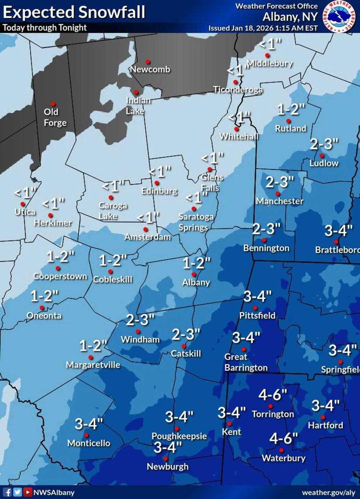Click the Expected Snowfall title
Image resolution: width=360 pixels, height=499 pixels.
pos(74,12)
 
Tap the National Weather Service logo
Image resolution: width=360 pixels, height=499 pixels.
pos(339,16)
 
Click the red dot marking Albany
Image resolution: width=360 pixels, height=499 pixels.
pos(194,274)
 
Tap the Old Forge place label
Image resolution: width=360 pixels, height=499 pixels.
pos(55,117)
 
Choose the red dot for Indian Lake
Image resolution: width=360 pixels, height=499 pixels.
pos(136,92)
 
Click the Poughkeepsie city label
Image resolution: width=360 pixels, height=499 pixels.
pos(179,436)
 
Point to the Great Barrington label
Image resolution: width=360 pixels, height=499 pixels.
pos(246,363)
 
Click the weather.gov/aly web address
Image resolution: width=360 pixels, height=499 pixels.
pos(328,492)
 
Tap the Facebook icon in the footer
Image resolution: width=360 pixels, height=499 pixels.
pos(8,492)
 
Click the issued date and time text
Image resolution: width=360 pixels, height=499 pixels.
pos(263,28)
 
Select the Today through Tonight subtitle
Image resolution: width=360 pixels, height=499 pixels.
pos(45,28)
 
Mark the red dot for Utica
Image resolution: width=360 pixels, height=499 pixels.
pos(22,204)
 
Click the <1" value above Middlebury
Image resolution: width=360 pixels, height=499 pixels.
pos(270,44)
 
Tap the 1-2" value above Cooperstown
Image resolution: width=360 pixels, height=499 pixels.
pos(61,257)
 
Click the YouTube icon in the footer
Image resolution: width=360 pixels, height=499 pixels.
pos(27,492)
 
